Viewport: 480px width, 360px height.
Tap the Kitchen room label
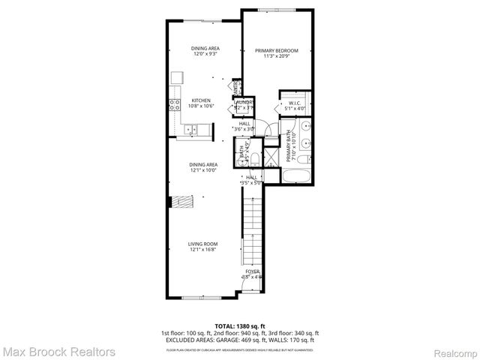200,100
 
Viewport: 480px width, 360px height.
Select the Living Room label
202,244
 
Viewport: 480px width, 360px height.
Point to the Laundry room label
244,103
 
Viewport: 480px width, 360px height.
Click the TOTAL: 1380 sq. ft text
240,326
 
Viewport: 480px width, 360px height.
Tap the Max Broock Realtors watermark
58,351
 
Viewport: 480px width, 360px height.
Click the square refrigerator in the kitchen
177,77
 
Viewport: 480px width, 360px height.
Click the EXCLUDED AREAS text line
240,339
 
